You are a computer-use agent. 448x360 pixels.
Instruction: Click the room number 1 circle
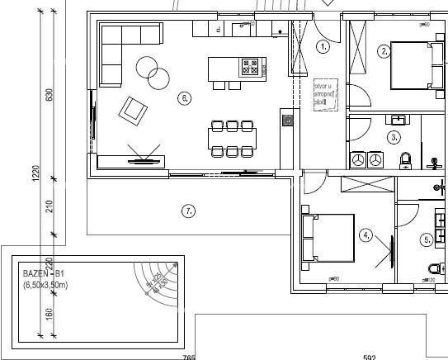pos(323,47)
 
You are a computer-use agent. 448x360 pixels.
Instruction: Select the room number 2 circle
pos(384,51)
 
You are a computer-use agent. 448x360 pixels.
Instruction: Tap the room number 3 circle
pos(394,137)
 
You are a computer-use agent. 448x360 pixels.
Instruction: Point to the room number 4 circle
pos(366,234)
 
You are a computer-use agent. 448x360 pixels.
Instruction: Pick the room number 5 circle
pos(427,240)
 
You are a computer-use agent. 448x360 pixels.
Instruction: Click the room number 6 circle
pos(184,98)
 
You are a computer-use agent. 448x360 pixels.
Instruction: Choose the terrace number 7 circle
pos(189,211)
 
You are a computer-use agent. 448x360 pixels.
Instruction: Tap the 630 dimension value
pos(49,96)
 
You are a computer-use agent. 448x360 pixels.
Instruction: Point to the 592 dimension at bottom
pos(369,356)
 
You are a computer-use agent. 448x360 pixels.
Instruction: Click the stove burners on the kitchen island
pos(250,64)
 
